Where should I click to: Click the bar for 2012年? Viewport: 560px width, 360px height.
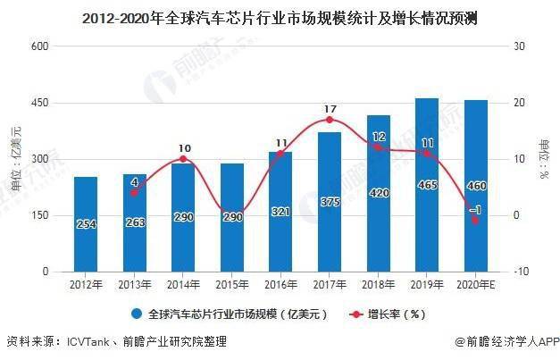pos(86,223)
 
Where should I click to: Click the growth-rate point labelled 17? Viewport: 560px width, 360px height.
pos(330,120)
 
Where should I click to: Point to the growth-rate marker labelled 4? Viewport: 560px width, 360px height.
pos(135,192)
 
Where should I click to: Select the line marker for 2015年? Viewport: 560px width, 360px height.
pos(232,214)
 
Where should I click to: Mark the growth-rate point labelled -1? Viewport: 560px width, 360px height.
pos(476,220)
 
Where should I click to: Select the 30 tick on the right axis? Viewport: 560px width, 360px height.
pos(516,46)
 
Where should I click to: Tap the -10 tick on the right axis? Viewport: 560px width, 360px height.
pos(518,272)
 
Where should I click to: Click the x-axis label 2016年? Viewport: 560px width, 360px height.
pos(281,284)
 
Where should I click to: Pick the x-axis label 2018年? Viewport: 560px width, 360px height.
pos(379,284)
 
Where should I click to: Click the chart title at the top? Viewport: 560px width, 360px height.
pos(280,16)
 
